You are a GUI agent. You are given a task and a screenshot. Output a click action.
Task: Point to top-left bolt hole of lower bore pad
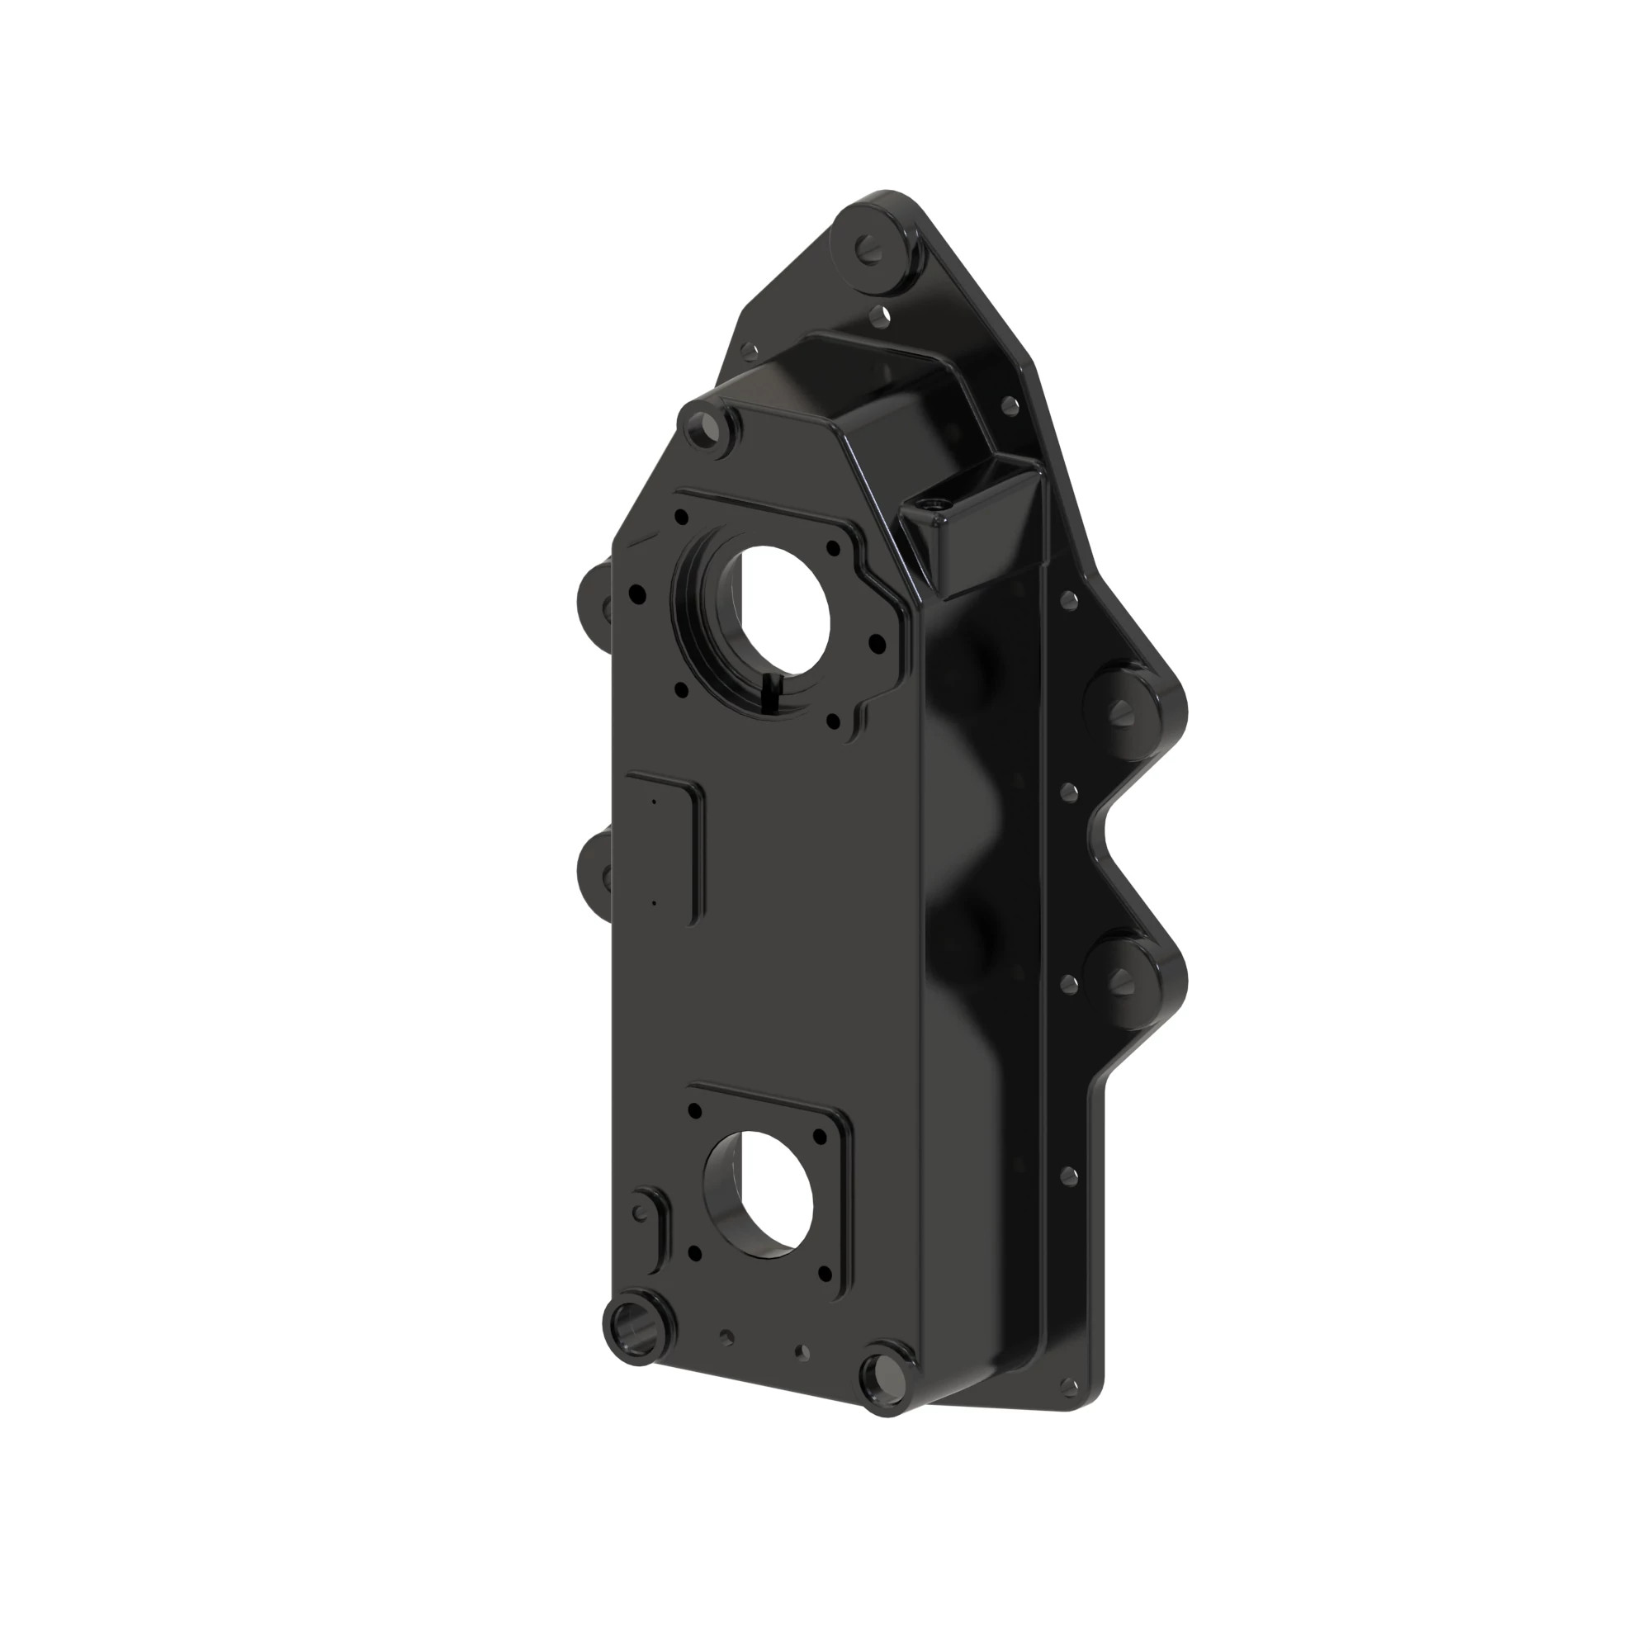point(695,1110)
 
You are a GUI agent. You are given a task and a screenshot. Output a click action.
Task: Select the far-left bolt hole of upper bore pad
point(637,591)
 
